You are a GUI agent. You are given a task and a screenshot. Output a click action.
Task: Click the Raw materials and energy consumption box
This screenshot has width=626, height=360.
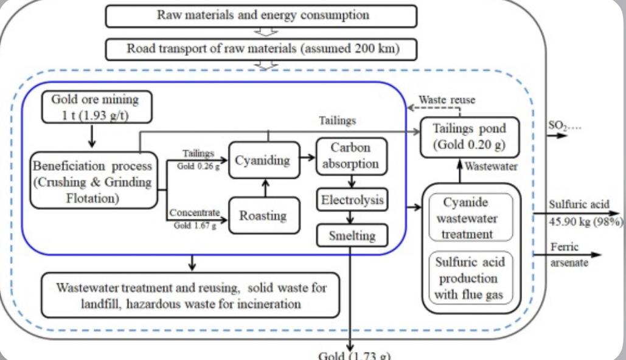[x=261, y=16]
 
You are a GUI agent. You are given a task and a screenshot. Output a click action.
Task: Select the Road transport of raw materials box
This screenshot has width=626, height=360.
[x=261, y=49]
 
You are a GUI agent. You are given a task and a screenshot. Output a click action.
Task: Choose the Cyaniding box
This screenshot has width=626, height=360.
[x=264, y=159]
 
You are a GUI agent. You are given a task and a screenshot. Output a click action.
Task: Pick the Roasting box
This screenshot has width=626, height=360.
[x=264, y=215]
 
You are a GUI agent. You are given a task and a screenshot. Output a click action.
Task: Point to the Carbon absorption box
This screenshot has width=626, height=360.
[x=352, y=156]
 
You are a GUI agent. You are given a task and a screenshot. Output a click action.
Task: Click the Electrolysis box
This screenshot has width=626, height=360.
[x=352, y=199]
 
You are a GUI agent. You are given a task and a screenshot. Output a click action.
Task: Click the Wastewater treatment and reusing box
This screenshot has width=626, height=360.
[x=191, y=295]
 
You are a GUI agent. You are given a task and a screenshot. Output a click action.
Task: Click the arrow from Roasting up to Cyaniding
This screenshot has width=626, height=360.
[x=264, y=187]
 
